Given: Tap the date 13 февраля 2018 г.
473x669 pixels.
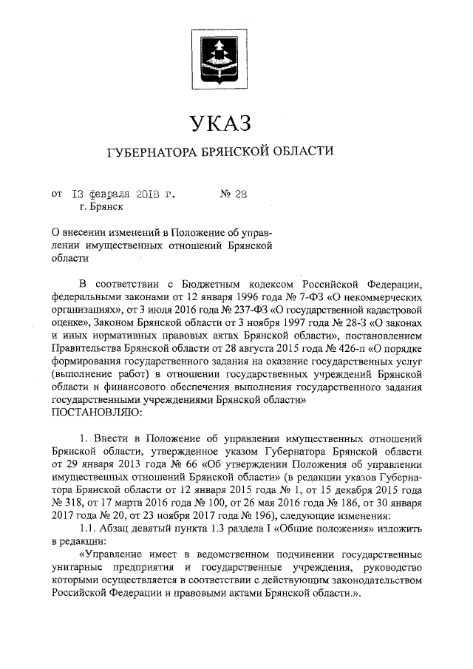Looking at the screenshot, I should (x=126, y=195).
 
